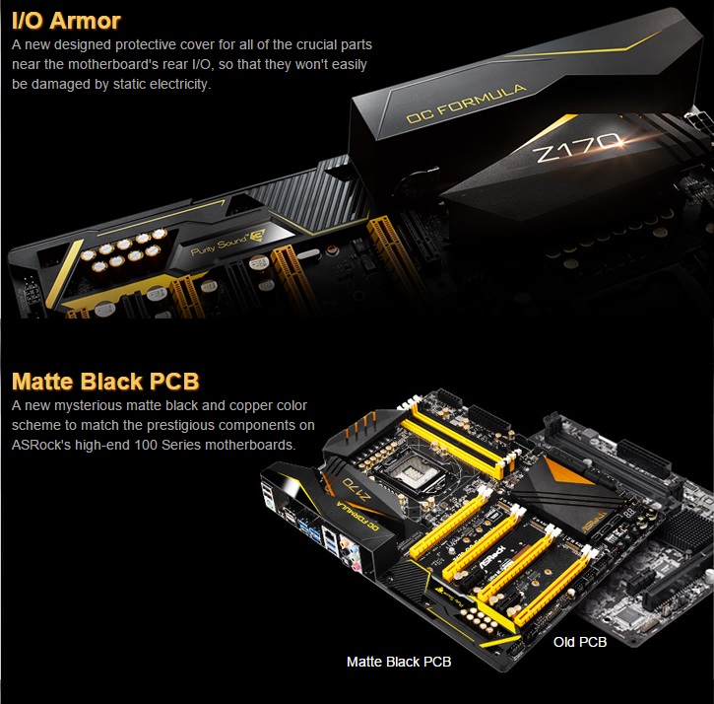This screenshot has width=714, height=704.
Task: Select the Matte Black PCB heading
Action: coord(105,382)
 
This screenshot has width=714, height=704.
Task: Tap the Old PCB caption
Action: coord(579,642)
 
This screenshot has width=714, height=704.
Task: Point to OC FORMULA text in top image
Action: coord(466,104)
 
